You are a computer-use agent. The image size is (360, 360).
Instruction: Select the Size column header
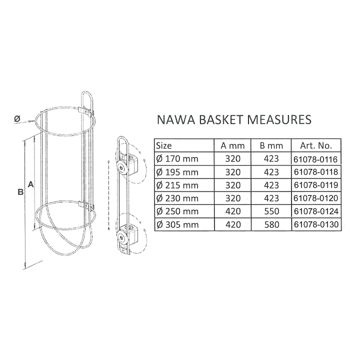[163, 145]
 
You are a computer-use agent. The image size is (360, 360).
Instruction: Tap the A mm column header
[232, 145]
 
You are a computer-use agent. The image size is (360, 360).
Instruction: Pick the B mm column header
[271, 145]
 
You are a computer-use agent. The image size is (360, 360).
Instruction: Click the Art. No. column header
[316, 145]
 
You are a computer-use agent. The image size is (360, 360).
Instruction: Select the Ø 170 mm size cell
[177, 158]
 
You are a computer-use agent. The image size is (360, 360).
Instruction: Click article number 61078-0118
[316, 172]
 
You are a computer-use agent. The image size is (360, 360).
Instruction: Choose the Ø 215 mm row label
[177, 185]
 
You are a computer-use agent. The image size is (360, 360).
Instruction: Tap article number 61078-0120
[316, 198]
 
